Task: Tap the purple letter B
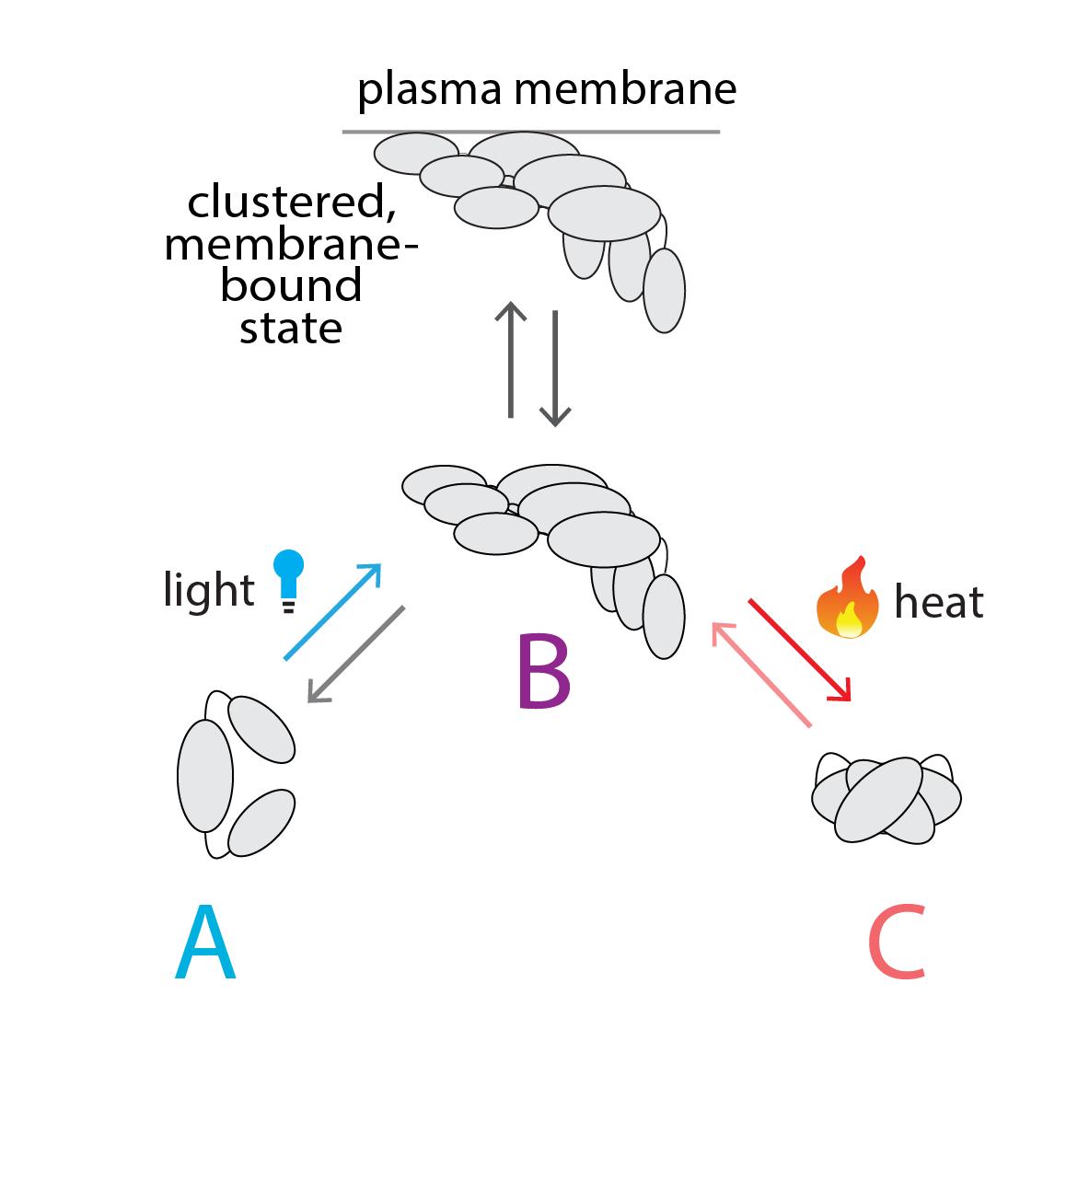tap(543, 671)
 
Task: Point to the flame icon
tap(847, 599)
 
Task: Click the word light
tap(208, 590)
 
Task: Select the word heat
tap(938, 602)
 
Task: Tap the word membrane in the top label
tap(625, 89)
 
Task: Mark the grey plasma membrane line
tap(530, 132)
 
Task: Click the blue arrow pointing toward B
tap(332, 611)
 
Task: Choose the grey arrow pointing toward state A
tap(355, 654)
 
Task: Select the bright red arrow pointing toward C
tap(799, 650)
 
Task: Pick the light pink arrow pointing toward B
tap(761, 675)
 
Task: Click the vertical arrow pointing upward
tap(510, 360)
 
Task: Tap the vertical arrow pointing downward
tap(555, 368)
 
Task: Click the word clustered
tap(291, 202)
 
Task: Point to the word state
tap(291, 329)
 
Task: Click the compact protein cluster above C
tap(886, 799)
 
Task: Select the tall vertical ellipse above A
tap(205, 775)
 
